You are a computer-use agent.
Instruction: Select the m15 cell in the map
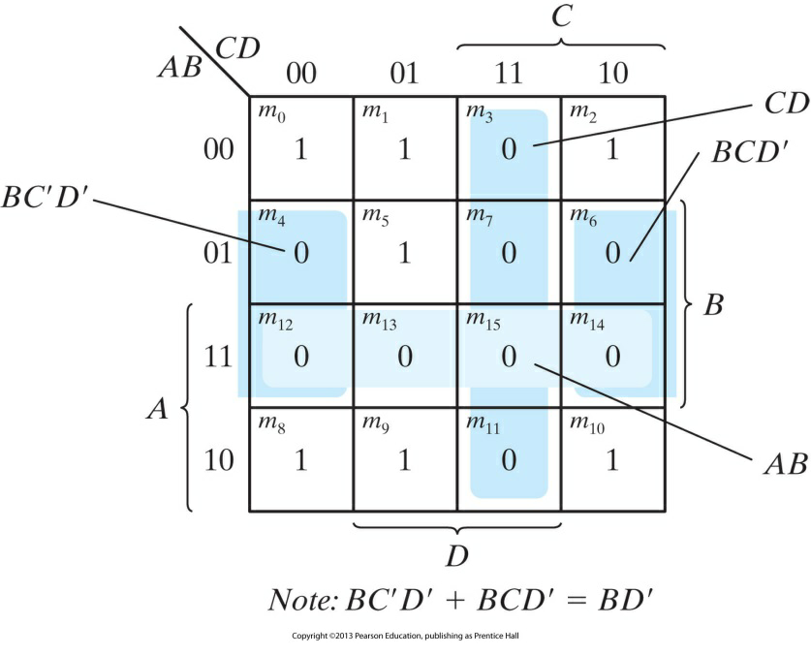(509, 356)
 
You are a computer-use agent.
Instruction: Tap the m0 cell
(300, 147)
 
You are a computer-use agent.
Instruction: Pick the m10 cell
(612, 459)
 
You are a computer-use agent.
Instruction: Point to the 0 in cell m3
(509, 149)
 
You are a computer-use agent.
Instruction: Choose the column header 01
(404, 73)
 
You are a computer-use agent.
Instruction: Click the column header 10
(612, 73)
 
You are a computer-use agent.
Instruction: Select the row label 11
(219, 357)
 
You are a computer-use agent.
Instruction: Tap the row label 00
(219, 149)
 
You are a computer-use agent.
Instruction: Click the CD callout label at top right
(785, 104)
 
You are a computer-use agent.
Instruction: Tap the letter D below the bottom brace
(456, 556)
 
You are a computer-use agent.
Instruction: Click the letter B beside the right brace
(712, 306)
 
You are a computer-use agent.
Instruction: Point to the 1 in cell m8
(300, 459)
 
